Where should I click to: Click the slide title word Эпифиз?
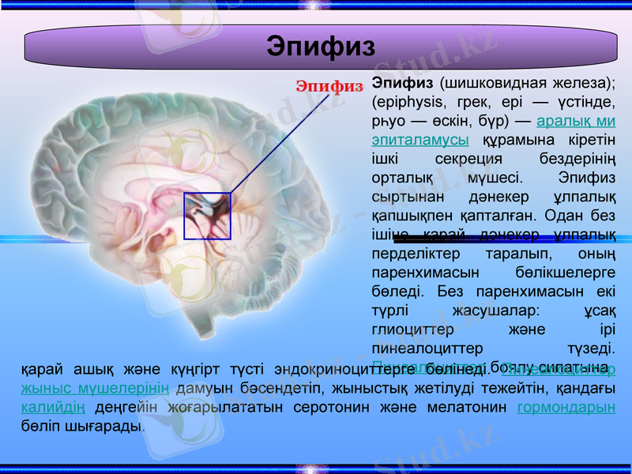320,46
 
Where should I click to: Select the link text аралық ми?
575,121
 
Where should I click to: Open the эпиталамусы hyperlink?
419,140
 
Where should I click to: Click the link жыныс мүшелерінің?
95,388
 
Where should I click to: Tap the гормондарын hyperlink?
566,408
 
